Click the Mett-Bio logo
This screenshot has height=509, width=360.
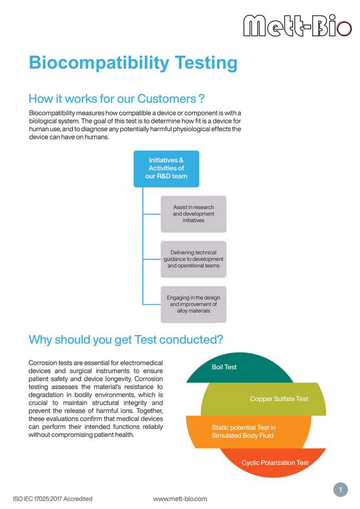coord(297,25)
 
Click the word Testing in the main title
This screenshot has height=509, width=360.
coord(206,63)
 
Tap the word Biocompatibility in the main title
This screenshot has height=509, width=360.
coord(99,63)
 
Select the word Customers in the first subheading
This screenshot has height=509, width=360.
coord(166,99)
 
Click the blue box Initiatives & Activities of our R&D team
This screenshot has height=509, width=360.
coord(166,169)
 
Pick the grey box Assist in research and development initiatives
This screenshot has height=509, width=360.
coord(194,214)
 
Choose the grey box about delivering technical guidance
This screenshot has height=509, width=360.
coord(194,259)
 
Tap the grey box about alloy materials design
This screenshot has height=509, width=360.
coord(194,304)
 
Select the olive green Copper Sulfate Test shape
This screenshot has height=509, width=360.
coord(264,399)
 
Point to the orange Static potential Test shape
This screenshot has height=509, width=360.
coord(248,432)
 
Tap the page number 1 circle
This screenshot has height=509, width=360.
coord(340,489)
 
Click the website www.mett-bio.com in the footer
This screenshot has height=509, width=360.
coord(180,499)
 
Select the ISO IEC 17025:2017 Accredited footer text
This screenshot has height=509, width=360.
coord(52,499)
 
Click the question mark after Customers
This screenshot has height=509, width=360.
coord(201,99)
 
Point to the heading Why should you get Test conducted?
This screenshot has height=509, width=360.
coord(126,339)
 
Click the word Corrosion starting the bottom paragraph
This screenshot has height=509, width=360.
coord(41,363)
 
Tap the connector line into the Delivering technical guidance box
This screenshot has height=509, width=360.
coord(152,259)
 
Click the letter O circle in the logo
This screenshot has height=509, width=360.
coord(344,29)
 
